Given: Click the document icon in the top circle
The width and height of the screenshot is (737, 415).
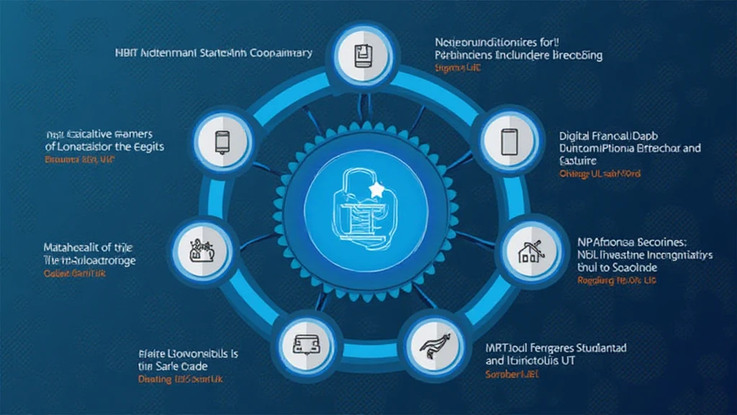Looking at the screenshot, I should tap(362, 55).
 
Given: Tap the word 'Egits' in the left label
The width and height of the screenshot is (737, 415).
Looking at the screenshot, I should tap(149, 146).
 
